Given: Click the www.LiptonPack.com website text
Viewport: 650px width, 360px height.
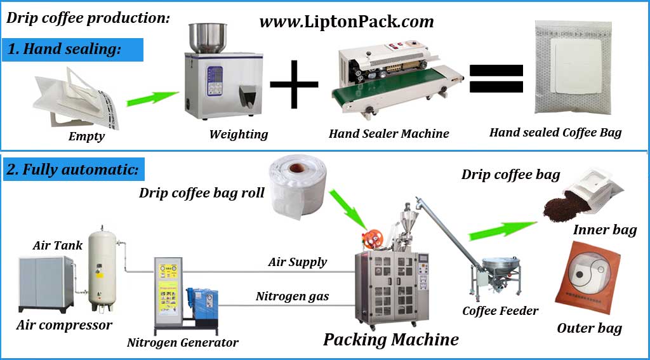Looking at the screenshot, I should click(x=346, y=22).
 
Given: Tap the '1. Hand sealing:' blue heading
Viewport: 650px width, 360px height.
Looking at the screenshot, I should click(x=72, y=49).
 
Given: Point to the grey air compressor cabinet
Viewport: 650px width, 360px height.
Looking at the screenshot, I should click(x=46, y=283).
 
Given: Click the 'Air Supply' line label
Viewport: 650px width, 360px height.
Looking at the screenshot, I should click(x=298, y=262).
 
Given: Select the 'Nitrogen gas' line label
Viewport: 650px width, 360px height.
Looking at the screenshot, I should click(x=292, y=296).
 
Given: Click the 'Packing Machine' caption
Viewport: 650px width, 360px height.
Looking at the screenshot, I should click(x=390, y=339).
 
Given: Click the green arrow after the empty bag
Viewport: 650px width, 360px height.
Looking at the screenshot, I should click(x=152, y=98).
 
